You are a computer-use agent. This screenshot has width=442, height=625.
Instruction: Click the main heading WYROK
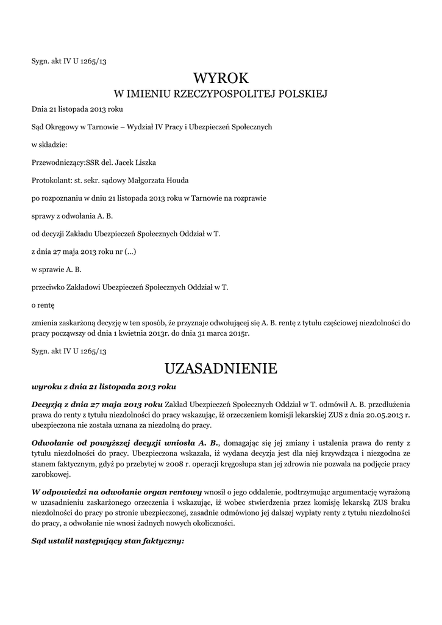(221, 78)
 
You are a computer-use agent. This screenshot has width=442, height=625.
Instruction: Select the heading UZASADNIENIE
(221, 369)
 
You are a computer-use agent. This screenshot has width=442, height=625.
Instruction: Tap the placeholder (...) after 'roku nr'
(130, 251)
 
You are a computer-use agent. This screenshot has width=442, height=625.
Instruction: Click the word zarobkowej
(51, 476)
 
